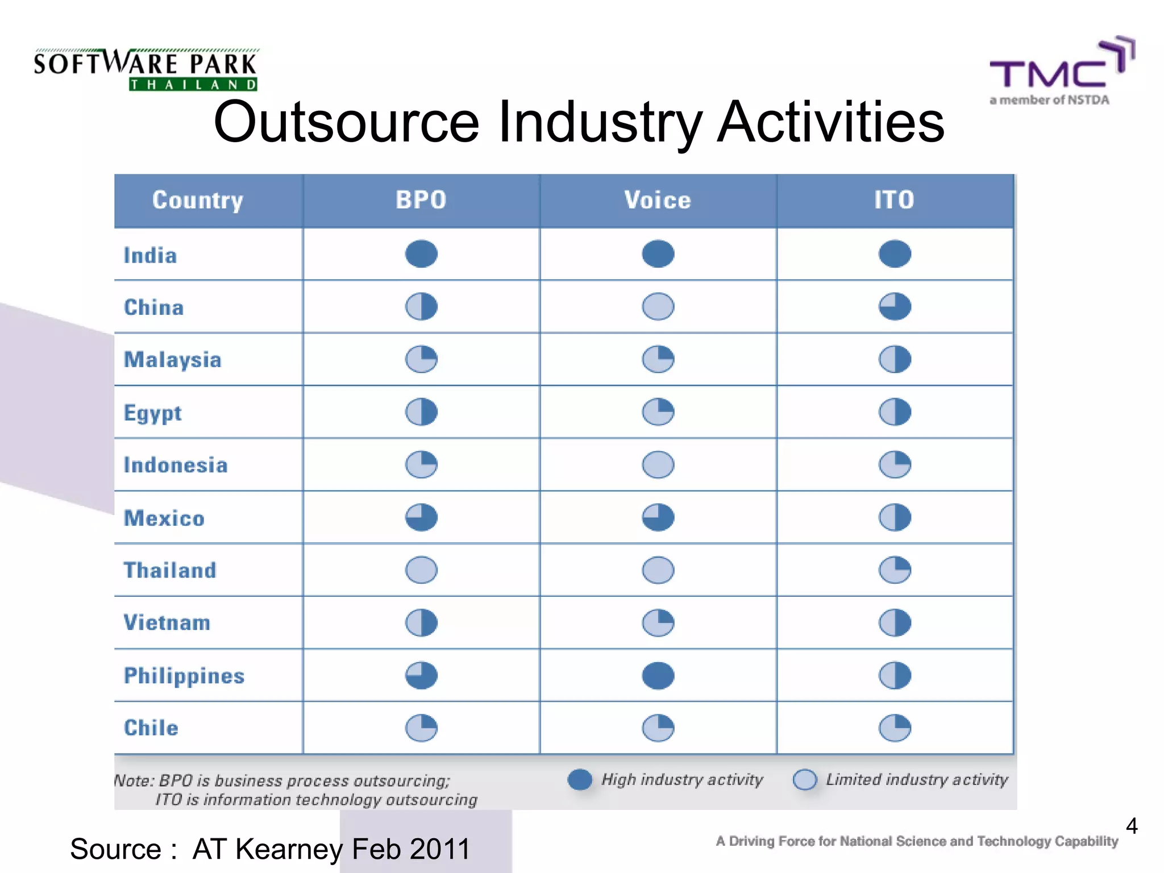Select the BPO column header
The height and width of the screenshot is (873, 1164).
pyautogui.click(x=421, y=200)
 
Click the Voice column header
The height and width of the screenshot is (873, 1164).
pyautogui.click(x=658, y=200)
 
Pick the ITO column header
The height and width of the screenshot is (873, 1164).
pyautogui.click(x=895, y=200)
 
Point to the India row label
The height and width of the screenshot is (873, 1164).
pyautogui.click(x=151, y=255)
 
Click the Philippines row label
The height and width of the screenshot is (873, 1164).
pyautogui.click(x=184, y=676)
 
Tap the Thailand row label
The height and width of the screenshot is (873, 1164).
pyautogui.click(x=170, y=570)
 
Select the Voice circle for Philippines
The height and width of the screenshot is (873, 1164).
pyautogui.click(x=658, y=676)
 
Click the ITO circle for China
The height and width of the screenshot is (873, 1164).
pyautogui.click(x=895, y=307)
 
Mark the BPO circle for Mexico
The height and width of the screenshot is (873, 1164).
pyautogui.click(x=421, y=518)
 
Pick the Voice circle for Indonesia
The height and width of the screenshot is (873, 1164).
pyautogui.click(x=658, y=465)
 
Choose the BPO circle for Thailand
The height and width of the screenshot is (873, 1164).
pyautogui.click(x=421, y=570)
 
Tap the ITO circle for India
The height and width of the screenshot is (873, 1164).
pyautogui.click(x=895, y=254)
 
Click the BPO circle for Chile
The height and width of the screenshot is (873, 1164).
pyautogui.click(x=421, y=728)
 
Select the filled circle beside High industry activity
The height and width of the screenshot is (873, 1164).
pyautogui.click(x=580, y=779)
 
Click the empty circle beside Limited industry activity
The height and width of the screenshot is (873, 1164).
pyautogui.click(x=805, y=779)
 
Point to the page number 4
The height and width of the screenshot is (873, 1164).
pyautogui.click(x=1132, y=826)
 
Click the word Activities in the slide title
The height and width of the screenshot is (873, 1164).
pyautogui.click(x=830, y=122)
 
